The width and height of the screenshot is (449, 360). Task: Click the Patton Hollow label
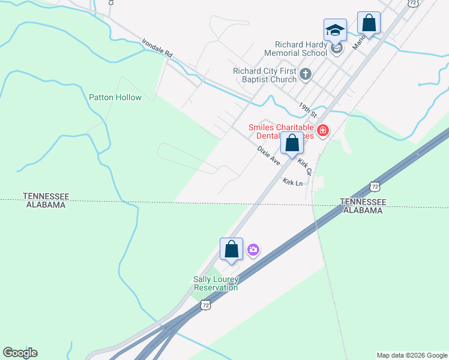pyautogui.click(x=115, y=97)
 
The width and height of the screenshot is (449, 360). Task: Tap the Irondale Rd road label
pyautogui.click(x=157, y=49)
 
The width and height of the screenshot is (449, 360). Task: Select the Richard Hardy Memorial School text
pyautogui.click(x=301, y=49)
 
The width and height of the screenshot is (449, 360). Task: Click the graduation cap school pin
pyautogui.click(x=335, y=30)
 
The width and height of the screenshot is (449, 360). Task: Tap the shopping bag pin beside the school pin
pyautogui.click(x=369, y=23)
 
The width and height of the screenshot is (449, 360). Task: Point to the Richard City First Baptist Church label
pyautogui.click(x=265, y=75)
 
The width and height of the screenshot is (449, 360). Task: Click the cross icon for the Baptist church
pyautogui.click(x=306, y=75)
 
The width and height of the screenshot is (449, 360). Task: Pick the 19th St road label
pyautogui.click(x=307, y=109)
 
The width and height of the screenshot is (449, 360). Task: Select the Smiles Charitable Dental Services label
pyautogui.click(x=282, y=132)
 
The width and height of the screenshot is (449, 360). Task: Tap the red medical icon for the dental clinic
pyautogui.click(x=323, y=130)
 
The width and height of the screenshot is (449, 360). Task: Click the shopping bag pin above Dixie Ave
pyautogui.click(x=292, y=144)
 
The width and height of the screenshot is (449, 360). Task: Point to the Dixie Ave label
pyautogui.click(x=269, y=155)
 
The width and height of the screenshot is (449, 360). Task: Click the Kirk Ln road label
pyautogui.click(x=293, y=182)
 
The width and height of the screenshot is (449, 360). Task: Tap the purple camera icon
pyautogui.click(x=253, y=250)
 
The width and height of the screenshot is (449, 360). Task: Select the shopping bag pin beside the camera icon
pyautogui.click(x=231, y=250)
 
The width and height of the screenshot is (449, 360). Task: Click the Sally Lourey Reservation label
pyautogui.click(x=216, y=283)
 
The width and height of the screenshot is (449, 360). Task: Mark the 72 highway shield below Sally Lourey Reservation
pyautogui.click(x=206, y=305)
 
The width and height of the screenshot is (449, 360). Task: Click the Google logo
pyautogui.click(x=20, y=353)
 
